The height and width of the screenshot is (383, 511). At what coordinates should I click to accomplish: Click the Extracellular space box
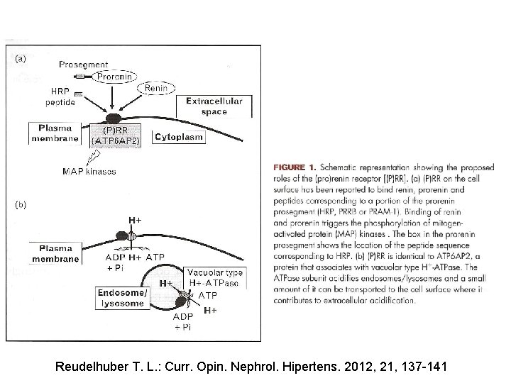pyautogui.click(x=214, y=106)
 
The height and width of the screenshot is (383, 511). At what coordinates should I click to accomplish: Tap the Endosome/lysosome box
pyautogui.click(x=123, y=298)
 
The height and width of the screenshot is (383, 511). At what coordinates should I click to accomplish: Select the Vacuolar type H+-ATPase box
pyautogui.click(x=215, y=278)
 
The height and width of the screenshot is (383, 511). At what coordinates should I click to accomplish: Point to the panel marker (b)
pyautogui.click(x=20, y=205)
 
